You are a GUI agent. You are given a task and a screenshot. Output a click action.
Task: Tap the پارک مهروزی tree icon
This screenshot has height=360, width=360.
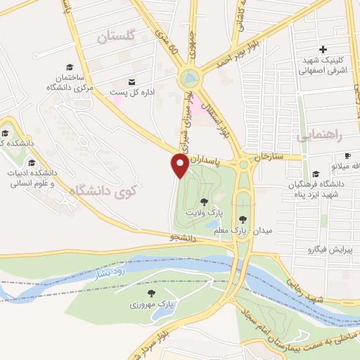150,293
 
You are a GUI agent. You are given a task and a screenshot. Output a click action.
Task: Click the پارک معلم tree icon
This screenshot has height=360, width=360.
243,219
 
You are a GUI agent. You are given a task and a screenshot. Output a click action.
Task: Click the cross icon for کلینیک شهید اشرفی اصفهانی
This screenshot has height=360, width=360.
322,49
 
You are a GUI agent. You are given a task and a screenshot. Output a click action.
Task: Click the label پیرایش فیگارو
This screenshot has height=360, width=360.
333,250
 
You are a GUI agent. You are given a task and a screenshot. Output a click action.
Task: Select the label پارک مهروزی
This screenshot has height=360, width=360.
150,306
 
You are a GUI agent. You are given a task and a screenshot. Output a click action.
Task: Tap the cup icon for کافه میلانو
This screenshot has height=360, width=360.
347,155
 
